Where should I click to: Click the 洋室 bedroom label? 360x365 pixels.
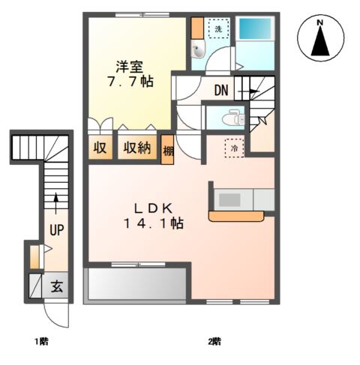pyautogui.click(x=129, y=67)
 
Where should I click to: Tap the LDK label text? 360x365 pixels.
pyautogui.click(x=153, y=208)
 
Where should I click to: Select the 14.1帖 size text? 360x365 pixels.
pyautogui.click(x=154, y=223)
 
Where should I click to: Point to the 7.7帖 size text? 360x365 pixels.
pyautogui.click(x=130, y=81)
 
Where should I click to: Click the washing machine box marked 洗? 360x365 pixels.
pyautogui.click(x=219, y=29)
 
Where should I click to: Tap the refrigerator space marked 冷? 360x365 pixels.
pyautogui.click(x=234, y=148)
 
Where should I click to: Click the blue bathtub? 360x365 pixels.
pyautogui.click(x=255, y=28)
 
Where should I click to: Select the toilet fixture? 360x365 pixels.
pyautogui.click(x=234, y=117)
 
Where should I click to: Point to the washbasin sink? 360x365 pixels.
pyautogui.click(x=198, y=49)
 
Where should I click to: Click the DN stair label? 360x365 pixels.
pyautogui.click(x=221, y=90)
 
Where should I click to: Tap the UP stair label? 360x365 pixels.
pyautogui.click(x=57, y=230)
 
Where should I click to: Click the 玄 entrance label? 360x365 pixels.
pyautogui.click(x=57, y=286)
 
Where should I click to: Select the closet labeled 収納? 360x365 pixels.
pyautogui.click(x=137, y=148)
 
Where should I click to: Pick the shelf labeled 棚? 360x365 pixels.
pyautogui.click(x=167, y=150)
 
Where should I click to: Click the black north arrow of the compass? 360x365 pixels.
pyautogui.click(x=320, y=41)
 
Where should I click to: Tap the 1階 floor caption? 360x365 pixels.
pyautogui.click(x=41, y=341)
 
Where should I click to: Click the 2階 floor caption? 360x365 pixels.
pyautogui.click(x=214, y=341)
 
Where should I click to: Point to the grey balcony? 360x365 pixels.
pyautogui.click(x=136, y=284)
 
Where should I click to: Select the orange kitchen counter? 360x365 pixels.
pyautogui.click(x=236, y=217)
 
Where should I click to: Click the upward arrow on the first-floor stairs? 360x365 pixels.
pyautogui.click(x=56, y=203)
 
